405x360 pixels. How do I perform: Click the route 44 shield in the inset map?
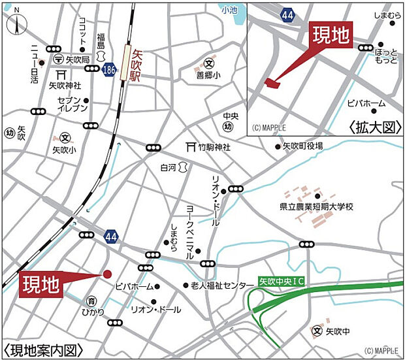coord(287,14)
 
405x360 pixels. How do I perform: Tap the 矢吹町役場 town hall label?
coord(302,146)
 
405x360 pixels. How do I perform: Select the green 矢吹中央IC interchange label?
coord(282,282)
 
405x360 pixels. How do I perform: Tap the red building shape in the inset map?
coord(272,82)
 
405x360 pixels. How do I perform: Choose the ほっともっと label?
coord(387,56)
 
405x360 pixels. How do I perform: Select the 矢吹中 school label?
coord(338,332)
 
